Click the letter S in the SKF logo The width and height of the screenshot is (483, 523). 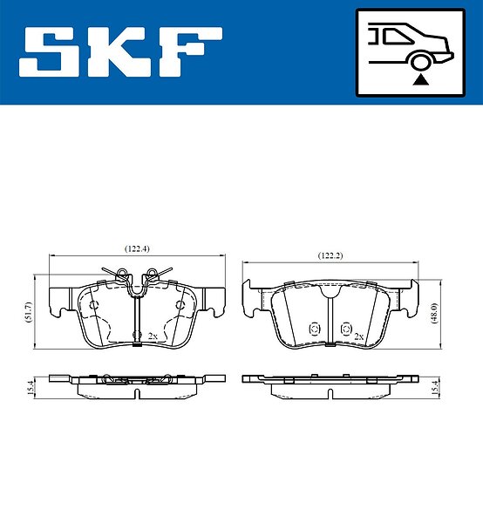pos(53,51)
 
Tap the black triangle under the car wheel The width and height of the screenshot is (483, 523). pos(420,80)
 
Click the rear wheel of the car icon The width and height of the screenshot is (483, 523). pos(419,62)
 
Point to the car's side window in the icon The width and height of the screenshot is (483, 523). pos(397,36)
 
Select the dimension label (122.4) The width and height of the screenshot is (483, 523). pos(137,248)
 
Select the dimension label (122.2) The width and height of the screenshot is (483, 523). pos(330,255)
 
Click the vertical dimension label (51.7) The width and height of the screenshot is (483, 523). pos(28,312)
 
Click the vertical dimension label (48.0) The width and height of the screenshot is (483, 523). pos(434,314)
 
